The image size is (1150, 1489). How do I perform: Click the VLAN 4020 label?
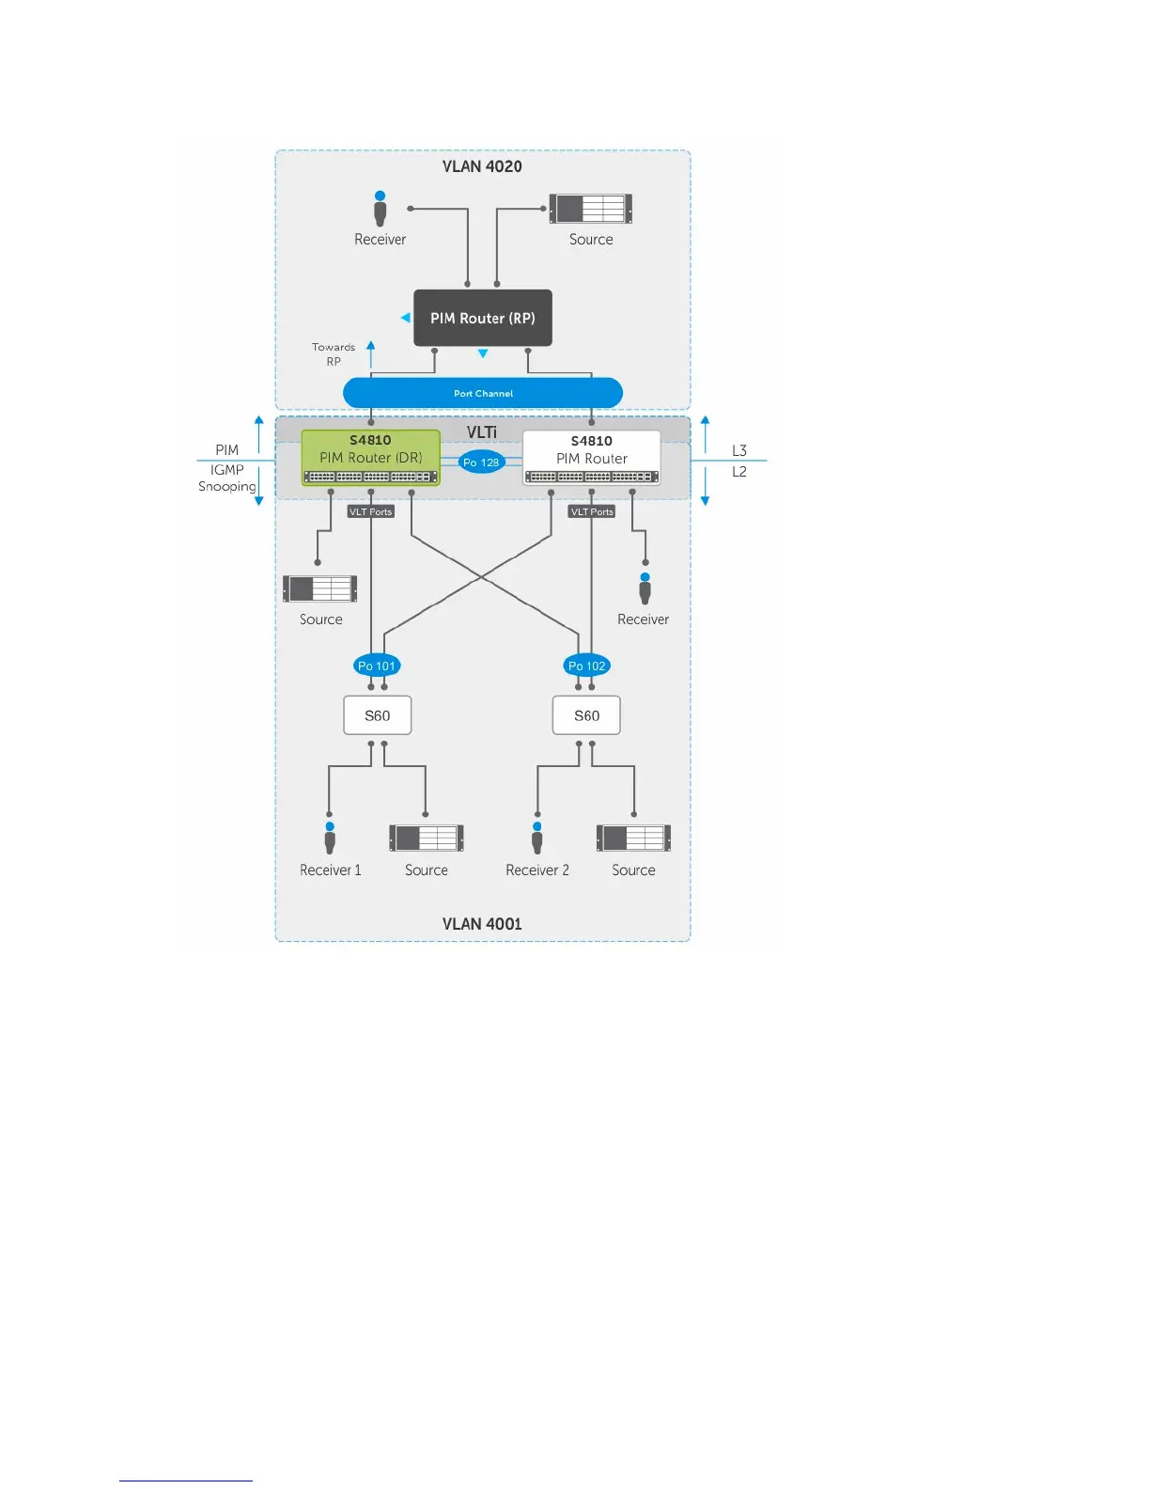482,166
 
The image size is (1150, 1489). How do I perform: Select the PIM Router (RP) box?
483,318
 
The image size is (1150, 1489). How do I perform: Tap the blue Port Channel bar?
483,393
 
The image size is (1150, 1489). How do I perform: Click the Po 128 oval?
481,462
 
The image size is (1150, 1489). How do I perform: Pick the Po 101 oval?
377,666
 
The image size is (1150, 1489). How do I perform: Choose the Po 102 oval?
587,666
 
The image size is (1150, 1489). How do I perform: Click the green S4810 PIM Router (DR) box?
371,457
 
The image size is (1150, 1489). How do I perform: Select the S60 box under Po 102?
587,715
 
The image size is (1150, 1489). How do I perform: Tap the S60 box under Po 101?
378,715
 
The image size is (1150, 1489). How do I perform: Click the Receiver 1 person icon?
330,838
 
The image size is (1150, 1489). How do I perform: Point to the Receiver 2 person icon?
537,838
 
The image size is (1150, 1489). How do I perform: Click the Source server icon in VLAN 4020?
591,208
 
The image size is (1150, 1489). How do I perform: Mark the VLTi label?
482,431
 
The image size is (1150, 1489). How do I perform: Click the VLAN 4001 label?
482,924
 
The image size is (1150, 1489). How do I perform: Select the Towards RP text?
334,354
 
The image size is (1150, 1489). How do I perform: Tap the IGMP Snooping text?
227,478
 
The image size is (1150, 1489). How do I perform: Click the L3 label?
739,450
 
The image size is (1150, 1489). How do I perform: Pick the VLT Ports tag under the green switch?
371,511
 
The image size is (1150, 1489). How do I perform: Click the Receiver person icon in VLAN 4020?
381,209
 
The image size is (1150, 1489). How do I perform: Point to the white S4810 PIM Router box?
591,458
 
